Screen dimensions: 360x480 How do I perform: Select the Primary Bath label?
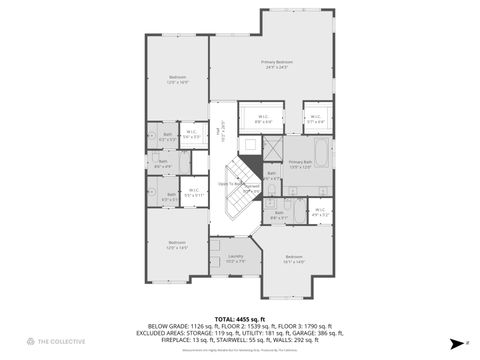click(299, 164)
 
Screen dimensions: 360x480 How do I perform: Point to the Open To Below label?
click(232, 184)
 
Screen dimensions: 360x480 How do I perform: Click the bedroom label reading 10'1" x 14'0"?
click(293, 259)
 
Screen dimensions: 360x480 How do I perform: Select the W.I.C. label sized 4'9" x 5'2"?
click(320, 211)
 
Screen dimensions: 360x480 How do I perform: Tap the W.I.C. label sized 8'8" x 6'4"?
click(263, 118)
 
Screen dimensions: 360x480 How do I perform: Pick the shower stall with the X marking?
click(272, 149)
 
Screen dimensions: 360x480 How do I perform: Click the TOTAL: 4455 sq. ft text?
click(239, 317)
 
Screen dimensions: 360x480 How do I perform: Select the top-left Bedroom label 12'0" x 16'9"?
click(177, 80)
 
